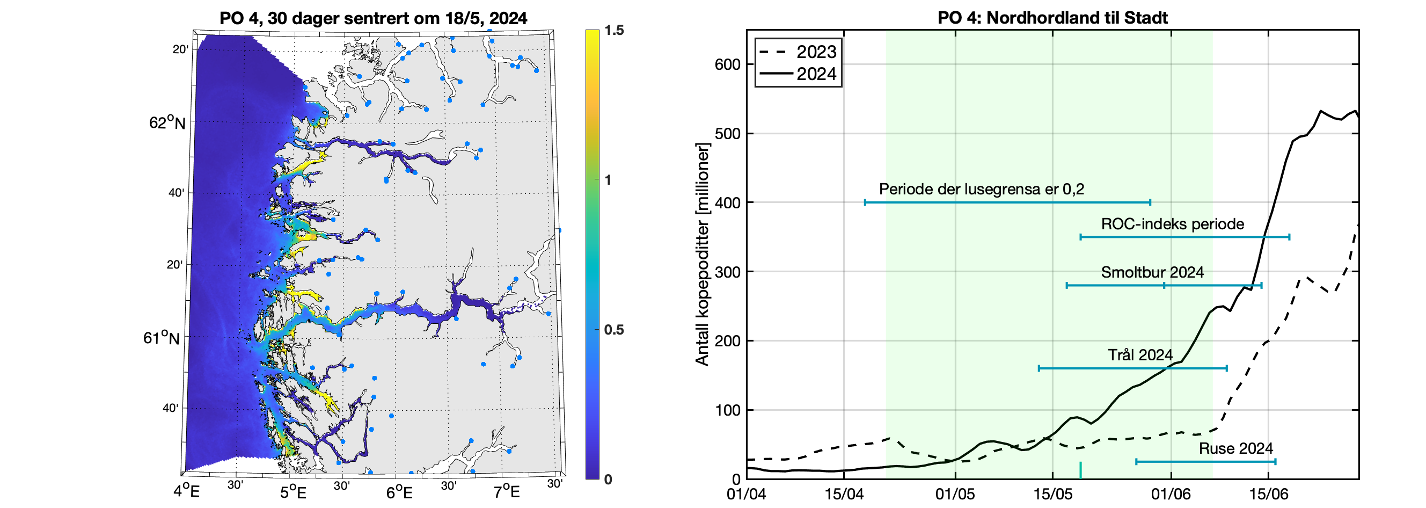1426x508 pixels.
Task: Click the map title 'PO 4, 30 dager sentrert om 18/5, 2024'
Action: [373, 18]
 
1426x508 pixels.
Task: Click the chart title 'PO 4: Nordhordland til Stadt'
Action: [1052, 18]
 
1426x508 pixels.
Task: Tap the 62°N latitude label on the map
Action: [166, 122]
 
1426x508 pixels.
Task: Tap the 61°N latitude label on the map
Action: [161, 337]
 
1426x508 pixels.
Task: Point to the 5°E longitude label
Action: [292, 492]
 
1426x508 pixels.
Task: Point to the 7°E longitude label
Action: [506, 492]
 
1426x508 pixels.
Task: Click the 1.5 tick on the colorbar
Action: [614, 31]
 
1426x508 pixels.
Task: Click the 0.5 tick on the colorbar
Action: [614, 330]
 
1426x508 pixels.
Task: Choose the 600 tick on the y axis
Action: [727, 64]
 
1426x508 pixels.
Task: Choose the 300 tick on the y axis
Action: [727, 272]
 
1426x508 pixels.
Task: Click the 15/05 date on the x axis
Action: [1052, 494]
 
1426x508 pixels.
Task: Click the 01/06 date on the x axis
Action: [1171, 494]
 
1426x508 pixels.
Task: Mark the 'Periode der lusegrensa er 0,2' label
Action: [981, 190]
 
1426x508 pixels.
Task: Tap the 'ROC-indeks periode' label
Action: [1173, 224]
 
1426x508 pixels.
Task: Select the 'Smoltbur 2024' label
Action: [1152, 273]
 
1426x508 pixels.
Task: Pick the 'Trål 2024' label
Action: [1140, 355]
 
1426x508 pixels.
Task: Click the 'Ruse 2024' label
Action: [1235, 448]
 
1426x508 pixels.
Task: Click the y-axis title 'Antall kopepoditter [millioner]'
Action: [702, 255]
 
